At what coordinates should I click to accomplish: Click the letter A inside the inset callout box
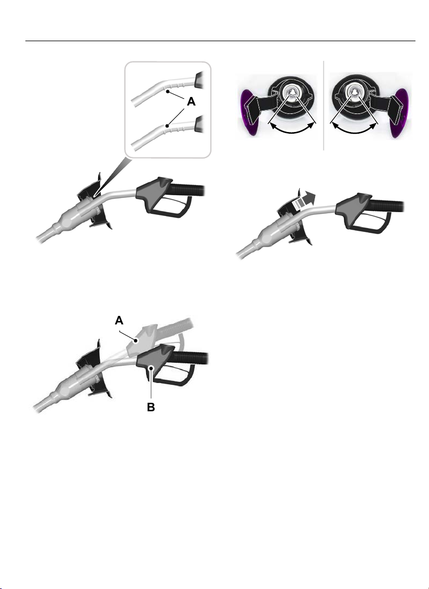pyautogui.click(x=191, y=102)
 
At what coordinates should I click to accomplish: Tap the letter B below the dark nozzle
pyautogui.click(x=151, y=407)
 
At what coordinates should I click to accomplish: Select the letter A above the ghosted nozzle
pyautogui.click(x=119, y=320)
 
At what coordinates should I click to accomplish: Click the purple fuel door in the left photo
pyautogui.click(x=249, y=112)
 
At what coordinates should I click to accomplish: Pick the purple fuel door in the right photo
pyautogui.click(x=398, y=112)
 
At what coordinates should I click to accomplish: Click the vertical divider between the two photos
pyautogui.click(x=324, y=106)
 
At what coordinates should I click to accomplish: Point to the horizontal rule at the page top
pyautogui.click(x=220, y=41)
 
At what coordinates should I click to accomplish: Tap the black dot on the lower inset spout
pyautogui.click(x=167, y=126)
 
